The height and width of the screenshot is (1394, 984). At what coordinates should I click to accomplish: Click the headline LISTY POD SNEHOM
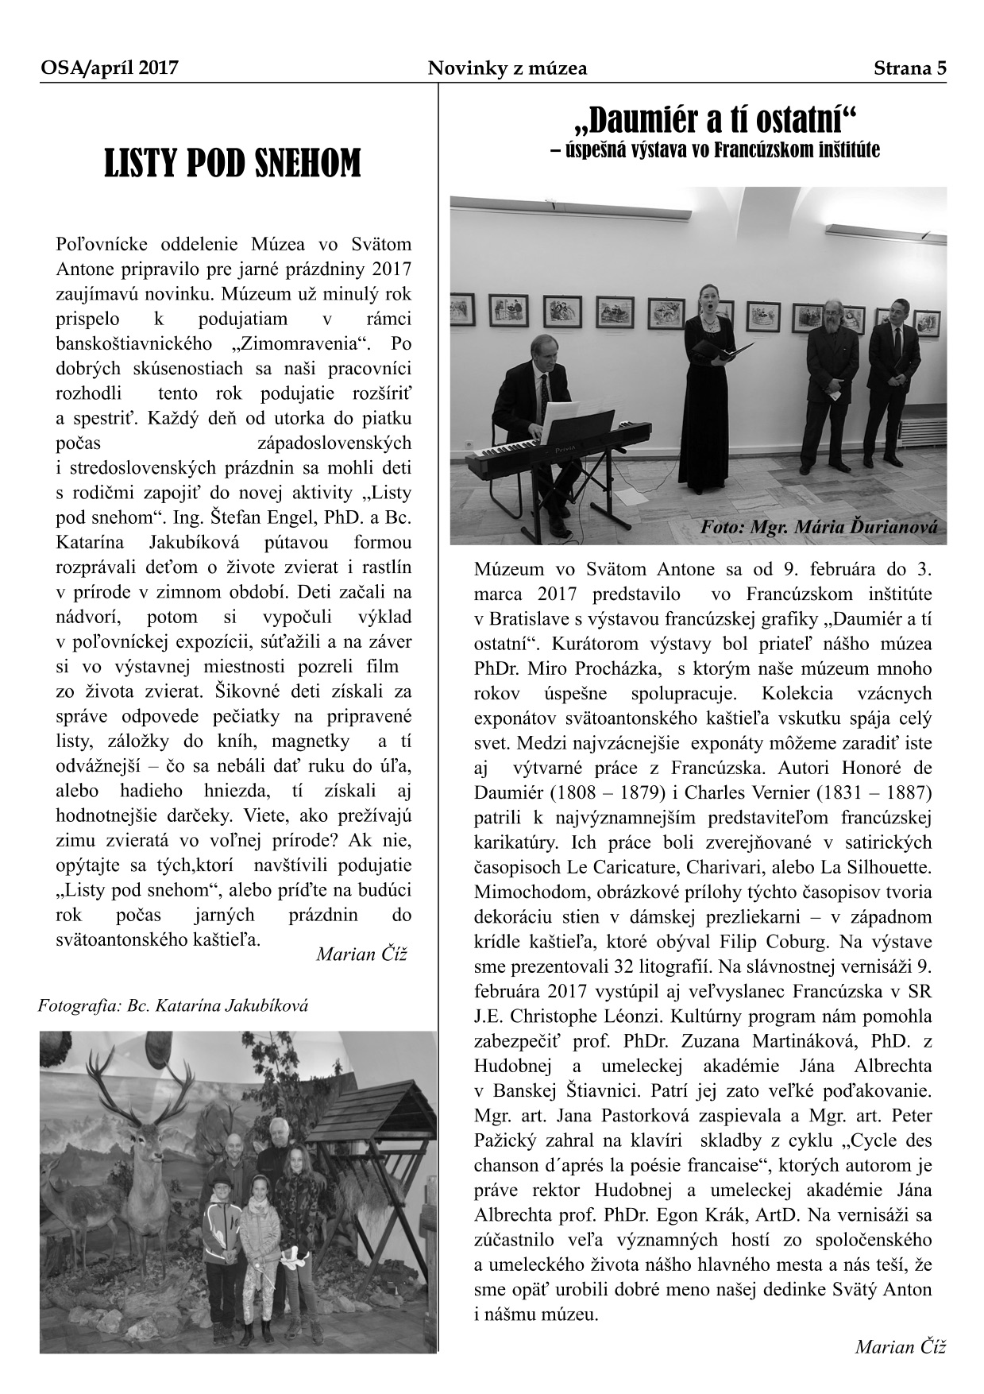(x=232, y=164)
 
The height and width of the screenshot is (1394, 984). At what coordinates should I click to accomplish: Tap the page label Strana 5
(x=910, y=68)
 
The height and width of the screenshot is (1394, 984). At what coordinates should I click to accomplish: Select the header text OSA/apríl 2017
(x=109, y=68)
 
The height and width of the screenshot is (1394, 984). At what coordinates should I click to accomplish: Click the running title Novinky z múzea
(x=507, y=68)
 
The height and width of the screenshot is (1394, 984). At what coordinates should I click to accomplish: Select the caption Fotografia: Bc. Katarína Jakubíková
(x=173, y=1005)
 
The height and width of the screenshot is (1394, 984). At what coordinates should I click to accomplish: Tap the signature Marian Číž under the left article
(x=361, y=954)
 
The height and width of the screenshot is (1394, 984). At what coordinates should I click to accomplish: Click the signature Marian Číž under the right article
(x=901, y=1346)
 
